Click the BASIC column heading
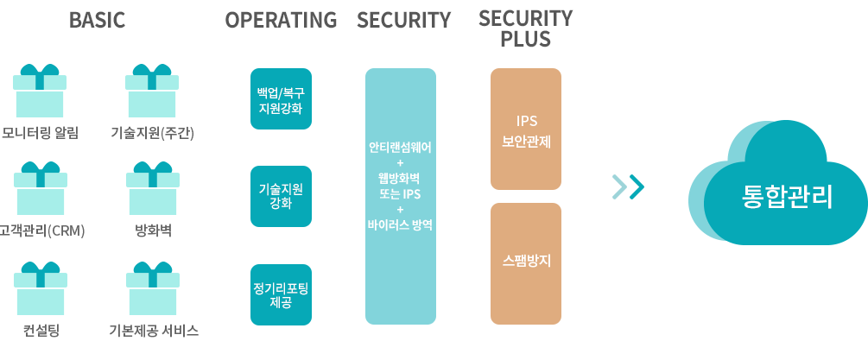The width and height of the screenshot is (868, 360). [x=97, y=20]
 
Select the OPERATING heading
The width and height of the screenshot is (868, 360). [x=281, y=20]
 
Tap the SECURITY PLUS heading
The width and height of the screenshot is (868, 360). [x=525, y=28]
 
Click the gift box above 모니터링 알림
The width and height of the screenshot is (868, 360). [x=40, y=91]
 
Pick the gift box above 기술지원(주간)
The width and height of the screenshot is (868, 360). [x=152, y=91]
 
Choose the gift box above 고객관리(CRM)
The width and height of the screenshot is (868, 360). [x=41, y=188]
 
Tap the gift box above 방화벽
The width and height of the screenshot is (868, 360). [x=153, y=188]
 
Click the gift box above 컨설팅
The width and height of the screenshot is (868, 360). [x=41, y=288]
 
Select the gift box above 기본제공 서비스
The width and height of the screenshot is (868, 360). [x=153, y=288]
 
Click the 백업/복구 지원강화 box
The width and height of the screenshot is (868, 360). [x=281, y=99]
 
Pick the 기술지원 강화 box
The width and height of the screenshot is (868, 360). [x=281, y=196]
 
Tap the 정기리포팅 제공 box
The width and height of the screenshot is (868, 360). [x=281, y=294]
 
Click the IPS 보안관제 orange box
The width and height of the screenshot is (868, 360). [x=526, y=129]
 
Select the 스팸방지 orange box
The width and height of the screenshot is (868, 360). [x=526, y=264]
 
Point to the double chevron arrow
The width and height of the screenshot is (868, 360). [x=628, y=187]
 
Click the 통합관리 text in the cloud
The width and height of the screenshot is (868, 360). [x=787, y=197]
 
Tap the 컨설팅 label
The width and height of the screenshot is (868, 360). [x=41, y=331]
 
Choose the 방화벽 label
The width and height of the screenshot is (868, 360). [x=154, y=231]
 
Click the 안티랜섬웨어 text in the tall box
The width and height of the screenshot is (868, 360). [x=400, y=148]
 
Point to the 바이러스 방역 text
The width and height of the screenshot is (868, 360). [x=400, y=225]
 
